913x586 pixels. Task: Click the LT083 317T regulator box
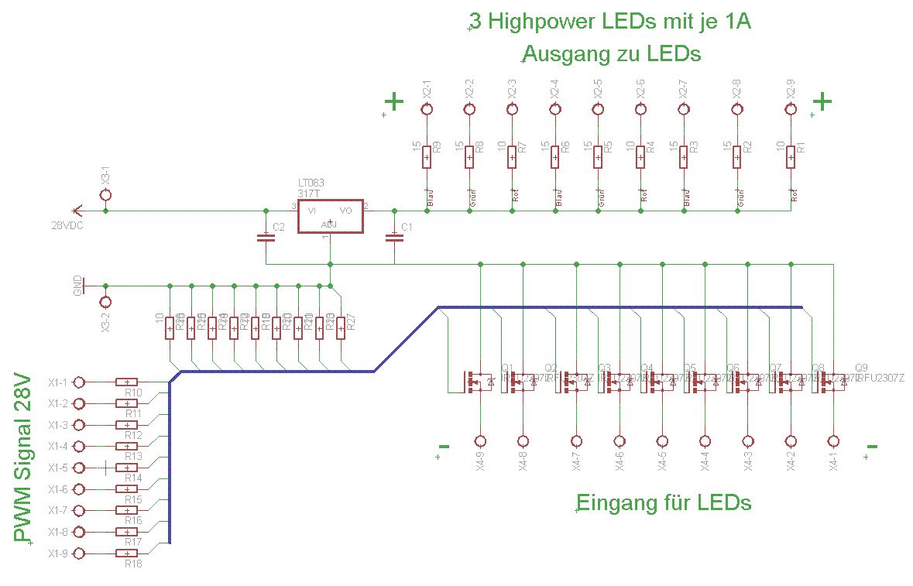[x=330, y=217]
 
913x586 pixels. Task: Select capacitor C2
[x=266, y=238]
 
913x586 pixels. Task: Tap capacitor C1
[x=395, y=238]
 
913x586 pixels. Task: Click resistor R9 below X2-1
[x=427, y=157]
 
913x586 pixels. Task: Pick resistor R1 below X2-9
[x=791, y=157]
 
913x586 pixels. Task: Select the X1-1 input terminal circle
[x=80, y=382]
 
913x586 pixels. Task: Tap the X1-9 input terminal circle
[x=80, y=553]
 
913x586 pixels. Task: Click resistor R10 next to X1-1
[x=126, y=382]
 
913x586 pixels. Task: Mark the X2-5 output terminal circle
[x=598, y=109]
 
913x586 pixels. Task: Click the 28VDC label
[x=67, y=225]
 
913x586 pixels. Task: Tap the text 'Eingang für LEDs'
[x=665, y=502]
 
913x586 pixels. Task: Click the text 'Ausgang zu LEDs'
[x=612, y=55]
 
